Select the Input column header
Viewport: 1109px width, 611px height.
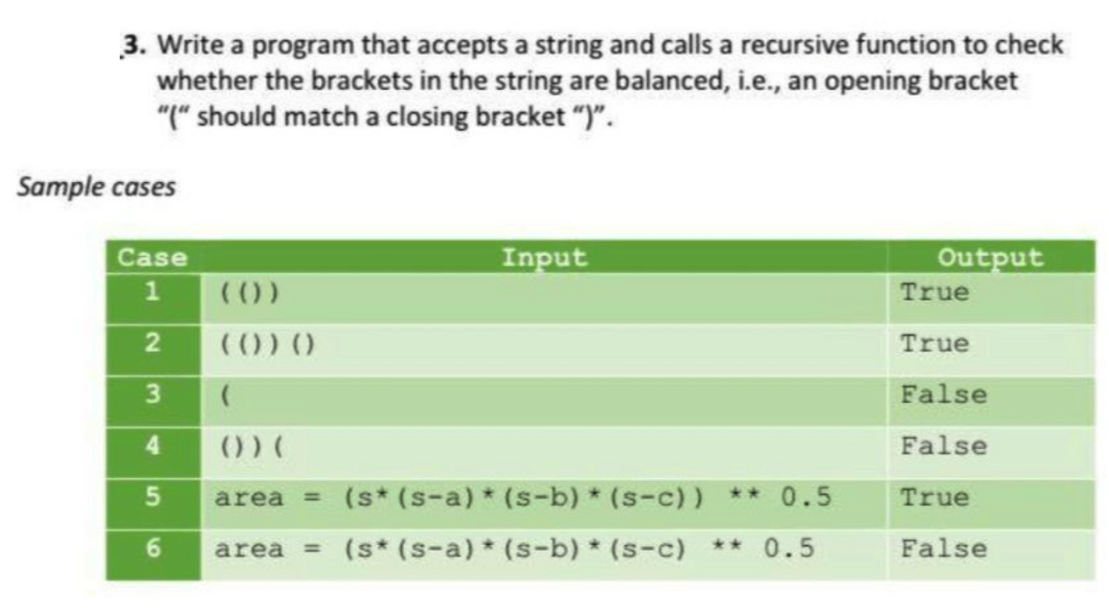544,257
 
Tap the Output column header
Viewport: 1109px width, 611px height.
989,258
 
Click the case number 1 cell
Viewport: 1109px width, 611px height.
153,292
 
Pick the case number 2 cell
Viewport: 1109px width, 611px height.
153,344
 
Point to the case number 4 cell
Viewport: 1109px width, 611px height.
153,446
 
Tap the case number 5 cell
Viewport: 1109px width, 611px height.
153,498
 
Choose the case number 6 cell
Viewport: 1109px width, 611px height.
153,549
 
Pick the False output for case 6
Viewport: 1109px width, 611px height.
943,549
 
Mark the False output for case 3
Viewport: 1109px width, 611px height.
943,395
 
